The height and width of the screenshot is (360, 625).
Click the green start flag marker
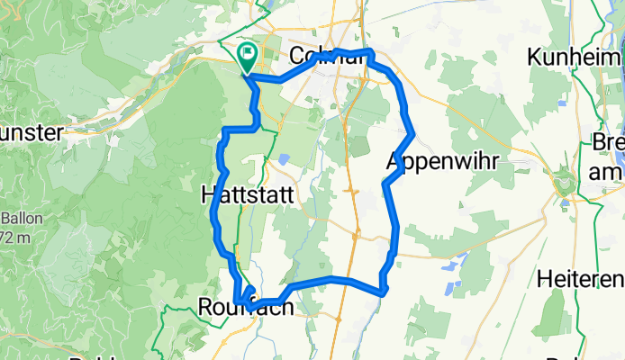[247, 57]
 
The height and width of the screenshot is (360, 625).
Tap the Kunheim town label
[575, 57]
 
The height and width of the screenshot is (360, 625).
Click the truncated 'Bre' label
[607, 142]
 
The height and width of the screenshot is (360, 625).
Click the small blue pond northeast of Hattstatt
[285, 159]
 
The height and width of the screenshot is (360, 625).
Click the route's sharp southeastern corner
[385, 292]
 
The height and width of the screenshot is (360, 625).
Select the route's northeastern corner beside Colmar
[370, 53]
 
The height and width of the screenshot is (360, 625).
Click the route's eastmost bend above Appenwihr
[412, 136]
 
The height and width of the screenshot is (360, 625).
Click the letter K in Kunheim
[536, 57]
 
